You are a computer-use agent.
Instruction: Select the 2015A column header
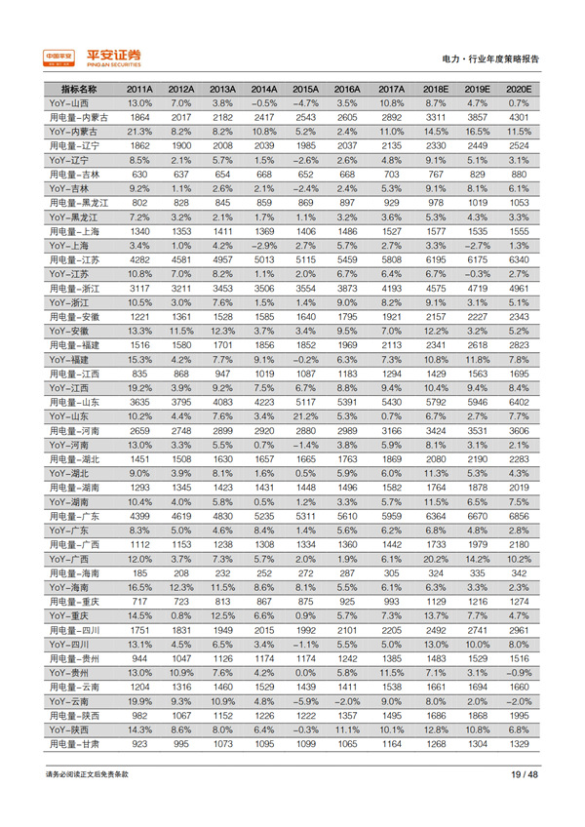[307, 89]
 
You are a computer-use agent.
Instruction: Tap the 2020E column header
[518, 89]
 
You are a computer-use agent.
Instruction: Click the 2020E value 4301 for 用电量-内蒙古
[518, 117]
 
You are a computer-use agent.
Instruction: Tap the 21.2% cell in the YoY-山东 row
[307, 416]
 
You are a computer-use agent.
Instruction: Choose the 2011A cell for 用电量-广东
[139, 516]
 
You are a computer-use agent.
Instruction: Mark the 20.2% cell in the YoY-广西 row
[435, 559]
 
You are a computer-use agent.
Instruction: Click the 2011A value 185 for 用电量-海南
[139, 572]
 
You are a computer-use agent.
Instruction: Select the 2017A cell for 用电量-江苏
[392, 259]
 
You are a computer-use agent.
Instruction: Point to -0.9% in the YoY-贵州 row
[518, 673]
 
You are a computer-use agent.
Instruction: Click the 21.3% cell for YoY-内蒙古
[139, 131]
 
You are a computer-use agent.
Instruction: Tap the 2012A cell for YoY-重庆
[181, 615]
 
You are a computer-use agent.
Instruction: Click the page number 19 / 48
[524, 774]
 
